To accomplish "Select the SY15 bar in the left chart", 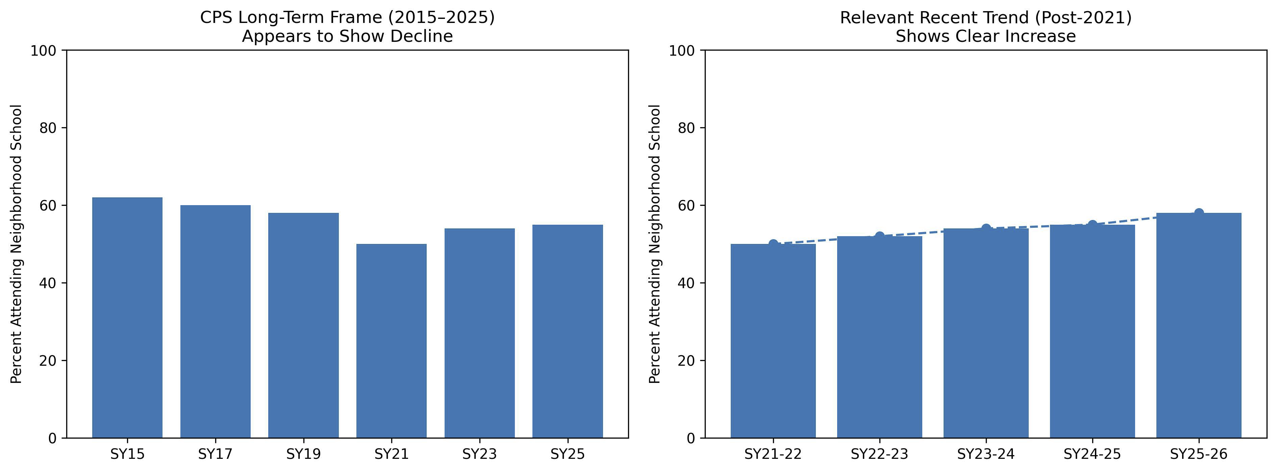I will (x=127, y=317).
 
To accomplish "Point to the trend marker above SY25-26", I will (x=1199, y=213).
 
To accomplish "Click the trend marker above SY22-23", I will (x=879, y=236).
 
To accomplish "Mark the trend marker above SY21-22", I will (x=773, y=244).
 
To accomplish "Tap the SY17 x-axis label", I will (x=215, y=454).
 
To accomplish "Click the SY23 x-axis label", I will (x=479, y=454).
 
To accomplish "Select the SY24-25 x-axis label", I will (x=1092, y=454).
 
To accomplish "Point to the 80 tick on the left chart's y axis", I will (x=48, y=128).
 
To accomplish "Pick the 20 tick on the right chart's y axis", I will (x=686, y=361).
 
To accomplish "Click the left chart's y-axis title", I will (x=16, y=244).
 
